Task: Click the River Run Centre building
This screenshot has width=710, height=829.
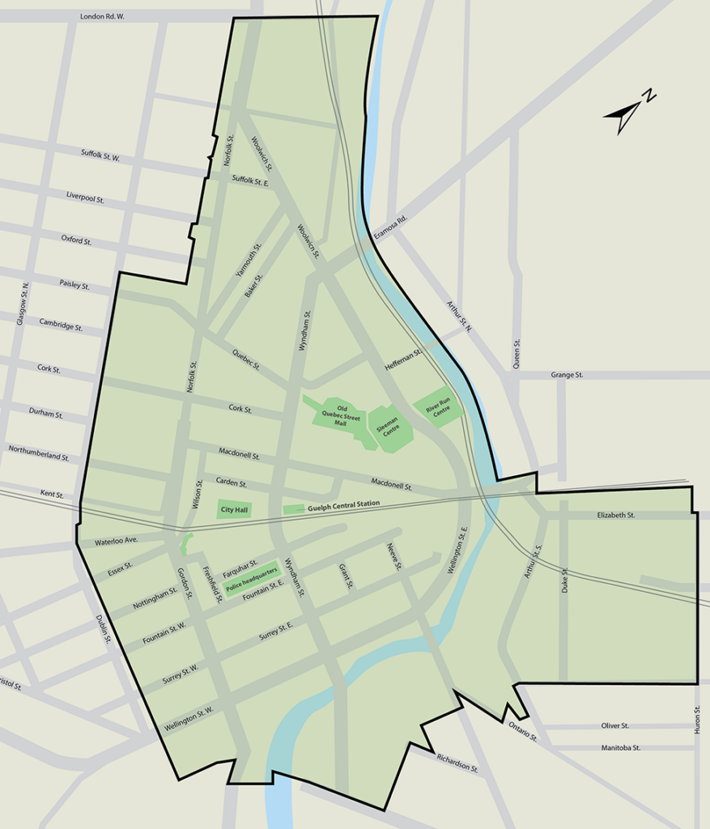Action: click(x=437, y=410)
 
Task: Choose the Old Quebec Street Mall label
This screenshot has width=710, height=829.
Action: click(x=341, y=414)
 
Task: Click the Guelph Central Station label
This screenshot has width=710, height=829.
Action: click(x=343, y=505)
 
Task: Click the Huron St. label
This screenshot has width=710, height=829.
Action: click(x=696, y=721)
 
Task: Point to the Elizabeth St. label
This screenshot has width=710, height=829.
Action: click(x=616, y=515)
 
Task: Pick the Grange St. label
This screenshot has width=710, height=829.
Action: click(x=567, y=375)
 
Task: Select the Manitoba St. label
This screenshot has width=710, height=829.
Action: click(x=621, y=748)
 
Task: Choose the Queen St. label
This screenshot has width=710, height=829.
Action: click(x=517, y=354)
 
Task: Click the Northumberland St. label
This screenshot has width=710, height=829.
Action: click(x=39, y=453)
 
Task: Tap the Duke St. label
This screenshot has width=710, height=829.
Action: click(x=565, y=581)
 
